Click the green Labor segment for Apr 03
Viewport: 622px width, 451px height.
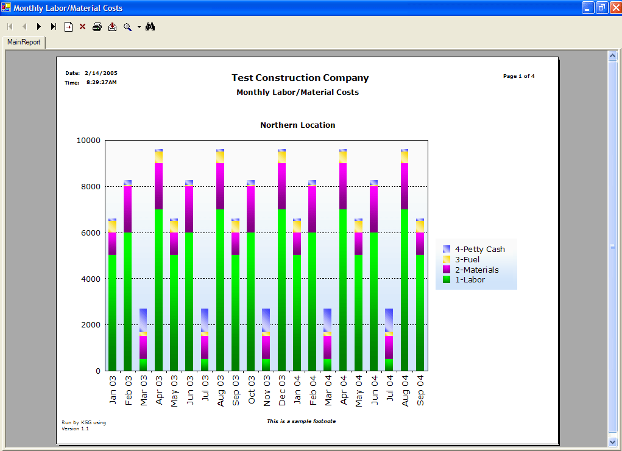(x=158, y=290)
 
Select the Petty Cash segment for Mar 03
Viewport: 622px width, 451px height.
(x=143, y=320)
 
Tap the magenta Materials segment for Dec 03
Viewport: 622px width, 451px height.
(x=281, y=186)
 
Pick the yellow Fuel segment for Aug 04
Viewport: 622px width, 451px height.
(x=405, y=157)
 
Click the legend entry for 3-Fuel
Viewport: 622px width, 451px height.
(x=467, y=259)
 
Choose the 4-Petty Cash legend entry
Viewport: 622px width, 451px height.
(x=479, y=249)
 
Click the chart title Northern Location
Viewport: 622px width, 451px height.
(x=298, y=125)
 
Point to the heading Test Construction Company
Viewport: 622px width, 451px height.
(x=300, y=78)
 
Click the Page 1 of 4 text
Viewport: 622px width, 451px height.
(x=519, y=76)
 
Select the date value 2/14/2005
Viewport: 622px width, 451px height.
(x=101, y=72)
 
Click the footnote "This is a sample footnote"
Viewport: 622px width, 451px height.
(x=301, y=421)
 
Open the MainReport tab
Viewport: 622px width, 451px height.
(x=24, y=42)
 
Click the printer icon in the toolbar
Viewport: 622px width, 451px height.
(x=97, y=27)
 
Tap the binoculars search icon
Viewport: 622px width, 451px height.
(x=150, y=27)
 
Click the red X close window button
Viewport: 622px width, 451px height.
(x=616, y=8)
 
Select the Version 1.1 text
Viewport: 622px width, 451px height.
(x=76, y=428)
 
